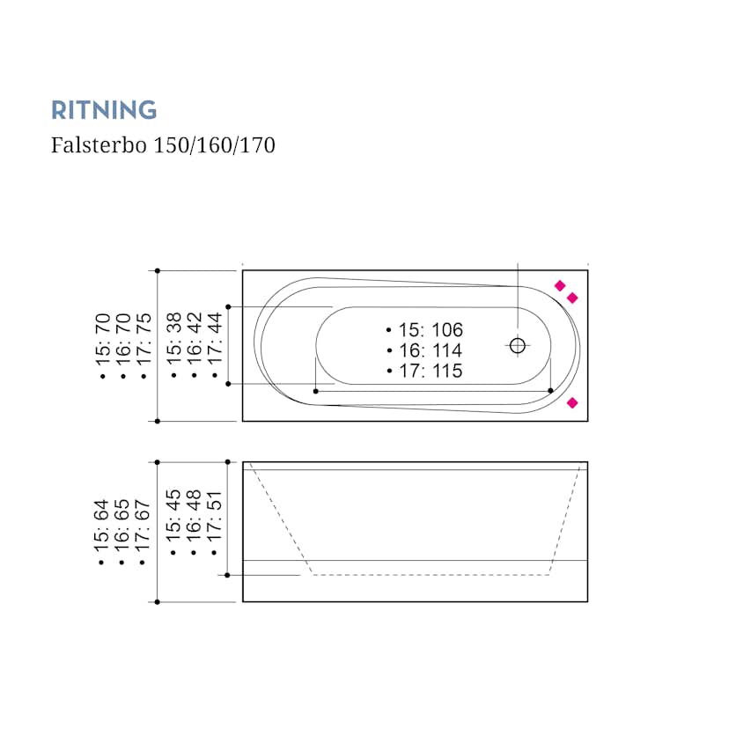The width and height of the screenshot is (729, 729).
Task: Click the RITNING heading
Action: (x=104, y=110)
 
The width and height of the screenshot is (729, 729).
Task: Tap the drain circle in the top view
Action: (x=518, y=345)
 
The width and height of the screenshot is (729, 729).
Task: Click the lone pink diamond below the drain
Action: (x=572, y=402)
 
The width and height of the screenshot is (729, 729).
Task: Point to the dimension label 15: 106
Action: (x=424, y=330)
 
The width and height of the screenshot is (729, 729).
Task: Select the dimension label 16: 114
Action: (x=424, y=350)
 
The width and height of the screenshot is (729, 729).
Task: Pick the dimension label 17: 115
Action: (x=424, y=371)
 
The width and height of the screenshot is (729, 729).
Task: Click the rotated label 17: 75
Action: (x=144, y=345)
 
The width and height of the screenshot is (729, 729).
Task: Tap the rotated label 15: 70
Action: (x=104, y=345)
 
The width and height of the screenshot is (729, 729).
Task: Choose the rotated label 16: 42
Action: (x=195, y=345)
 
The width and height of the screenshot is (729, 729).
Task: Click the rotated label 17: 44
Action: (x=215, y=345)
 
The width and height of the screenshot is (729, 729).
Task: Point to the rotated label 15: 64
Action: (x=104, y=531)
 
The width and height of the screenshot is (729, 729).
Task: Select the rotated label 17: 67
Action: (x=144, y=531)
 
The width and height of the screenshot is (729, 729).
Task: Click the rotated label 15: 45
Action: (x=174, y=521)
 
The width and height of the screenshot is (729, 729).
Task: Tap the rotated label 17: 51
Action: (x=215, y=521)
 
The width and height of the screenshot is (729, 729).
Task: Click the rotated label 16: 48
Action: (x=195, y=521)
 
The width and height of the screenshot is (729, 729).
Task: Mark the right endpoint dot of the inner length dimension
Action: (x=550, y=390)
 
